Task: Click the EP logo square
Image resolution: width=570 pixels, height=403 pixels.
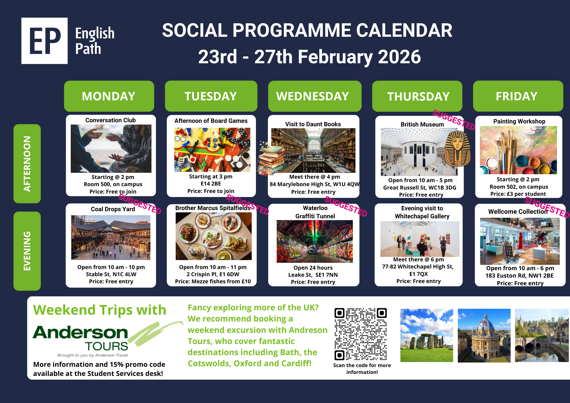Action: coord(44,41)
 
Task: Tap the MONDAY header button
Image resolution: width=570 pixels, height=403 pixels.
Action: coord(109,96)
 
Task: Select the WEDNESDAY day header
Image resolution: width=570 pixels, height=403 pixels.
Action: coord(315,96)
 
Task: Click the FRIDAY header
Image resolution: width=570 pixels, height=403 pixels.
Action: coord(518,96)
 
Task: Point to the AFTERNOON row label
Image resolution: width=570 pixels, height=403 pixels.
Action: coord(27,164)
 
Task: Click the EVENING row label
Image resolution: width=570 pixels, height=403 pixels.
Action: coord(27,251)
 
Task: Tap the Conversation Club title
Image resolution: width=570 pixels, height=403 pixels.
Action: coord(111,120)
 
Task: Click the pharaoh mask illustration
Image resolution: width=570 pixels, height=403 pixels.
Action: coord(457,148)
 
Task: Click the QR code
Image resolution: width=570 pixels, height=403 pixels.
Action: coord(361,334)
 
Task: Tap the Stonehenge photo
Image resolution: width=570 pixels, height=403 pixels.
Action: coord(427,335)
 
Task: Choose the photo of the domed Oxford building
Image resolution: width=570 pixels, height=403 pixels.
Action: coord(484,335)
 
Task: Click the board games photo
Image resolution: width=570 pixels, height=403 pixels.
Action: coord(212,150)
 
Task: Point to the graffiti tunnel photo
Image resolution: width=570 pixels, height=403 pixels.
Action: coord(315,241)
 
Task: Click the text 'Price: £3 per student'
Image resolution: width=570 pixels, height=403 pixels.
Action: coord(518,194)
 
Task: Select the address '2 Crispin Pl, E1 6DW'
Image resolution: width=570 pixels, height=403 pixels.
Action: coord(213,274)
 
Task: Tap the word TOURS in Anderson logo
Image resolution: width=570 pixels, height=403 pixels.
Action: coord(107,346)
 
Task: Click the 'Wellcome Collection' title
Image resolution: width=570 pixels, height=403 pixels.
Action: coord(518,211)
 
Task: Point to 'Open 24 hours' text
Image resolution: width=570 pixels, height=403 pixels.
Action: coord(313,268)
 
